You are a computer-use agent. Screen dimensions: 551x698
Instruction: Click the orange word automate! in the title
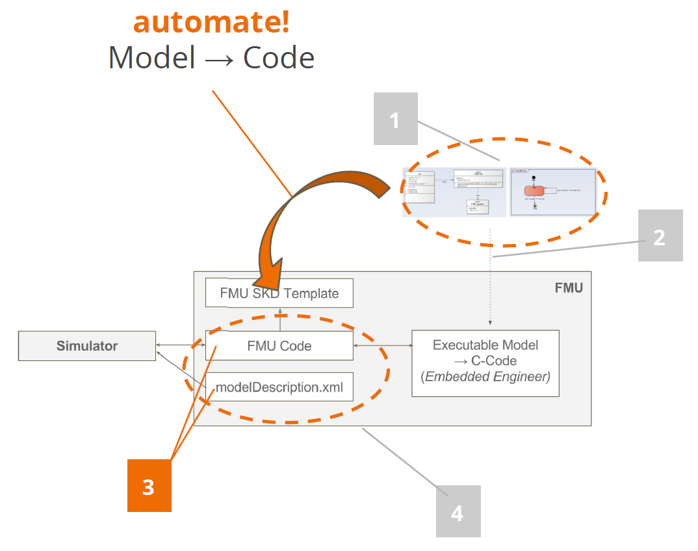[x=211, y=23]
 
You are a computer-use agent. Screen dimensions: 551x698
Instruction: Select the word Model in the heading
[x=152, y=58]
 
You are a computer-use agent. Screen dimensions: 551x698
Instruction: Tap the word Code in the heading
[x=279, y=58]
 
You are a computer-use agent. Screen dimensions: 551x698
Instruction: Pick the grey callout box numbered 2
[x=660, y=235]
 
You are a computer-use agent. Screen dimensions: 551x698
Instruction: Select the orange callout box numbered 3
[x=149, y=485]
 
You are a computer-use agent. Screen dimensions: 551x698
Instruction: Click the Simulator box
[x=86, y=345]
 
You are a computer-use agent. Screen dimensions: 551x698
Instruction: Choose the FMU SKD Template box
[x=279, y=293]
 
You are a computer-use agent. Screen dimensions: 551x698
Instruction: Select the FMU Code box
[x=279, y=345]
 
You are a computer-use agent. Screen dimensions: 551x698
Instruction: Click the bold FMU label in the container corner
[x=569, y=288]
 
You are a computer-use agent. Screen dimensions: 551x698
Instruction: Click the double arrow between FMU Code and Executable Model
[x=382, y=345]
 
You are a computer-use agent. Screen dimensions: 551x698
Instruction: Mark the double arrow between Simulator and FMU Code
[x=180, y=345]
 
